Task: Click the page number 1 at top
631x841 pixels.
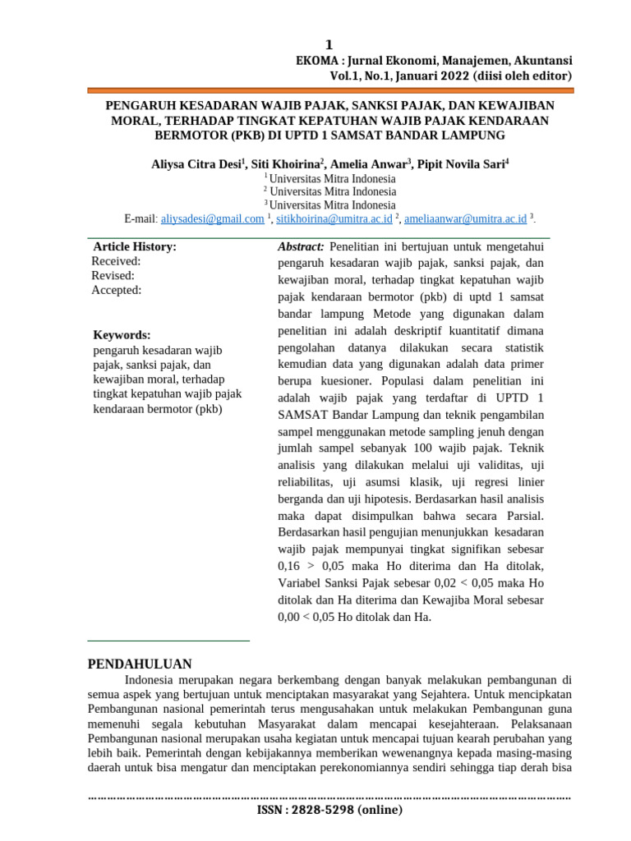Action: click(329, 45)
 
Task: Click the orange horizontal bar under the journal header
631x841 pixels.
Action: click(329, 90)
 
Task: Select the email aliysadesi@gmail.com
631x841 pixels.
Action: click(212, 218)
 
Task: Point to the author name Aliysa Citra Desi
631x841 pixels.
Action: click(195, 163)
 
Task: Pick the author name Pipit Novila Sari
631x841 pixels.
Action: click(461, 163)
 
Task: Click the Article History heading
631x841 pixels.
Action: click(135, 246)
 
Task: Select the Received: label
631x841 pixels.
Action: click(116, 261)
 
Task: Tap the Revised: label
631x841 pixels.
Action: click(113, 276)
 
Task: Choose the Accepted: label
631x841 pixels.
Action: click(116, 290)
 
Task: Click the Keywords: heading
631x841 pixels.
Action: click(122, 335)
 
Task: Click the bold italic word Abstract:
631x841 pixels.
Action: click(302, 246)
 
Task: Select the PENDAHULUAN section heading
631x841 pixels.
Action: click(140, 664)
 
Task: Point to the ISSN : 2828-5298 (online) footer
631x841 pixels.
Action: click(329, 810)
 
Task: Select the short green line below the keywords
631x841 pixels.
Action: click(168, 641)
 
